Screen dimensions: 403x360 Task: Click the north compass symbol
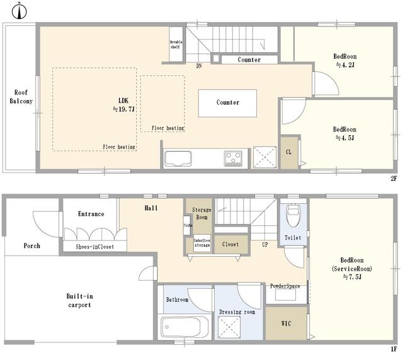point(20,11)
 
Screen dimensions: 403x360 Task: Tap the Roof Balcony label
point(21,97)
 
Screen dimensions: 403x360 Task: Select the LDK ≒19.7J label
point(123,105)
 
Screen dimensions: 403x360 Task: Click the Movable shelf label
point(176,45)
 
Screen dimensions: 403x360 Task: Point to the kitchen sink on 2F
point(178,159)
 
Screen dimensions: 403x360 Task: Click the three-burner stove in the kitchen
point(233,158)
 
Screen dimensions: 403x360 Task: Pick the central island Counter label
point(228,102)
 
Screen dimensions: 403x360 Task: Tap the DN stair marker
point(199,66)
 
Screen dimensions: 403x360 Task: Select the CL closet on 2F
point(289,153)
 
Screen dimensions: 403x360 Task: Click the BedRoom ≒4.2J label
point(345,60)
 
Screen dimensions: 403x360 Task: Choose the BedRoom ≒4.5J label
point(344,133)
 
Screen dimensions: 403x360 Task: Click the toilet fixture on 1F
point(293,215)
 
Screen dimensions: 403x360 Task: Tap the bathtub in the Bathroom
point(184,327)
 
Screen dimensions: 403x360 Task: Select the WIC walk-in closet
point(287,323)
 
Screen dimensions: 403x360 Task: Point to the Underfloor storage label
point(202,243)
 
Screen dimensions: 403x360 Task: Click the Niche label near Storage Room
point(188,225)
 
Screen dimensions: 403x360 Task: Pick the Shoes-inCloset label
point(95,247)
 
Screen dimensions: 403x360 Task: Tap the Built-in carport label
point(80,300)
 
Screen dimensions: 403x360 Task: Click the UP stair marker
point(265,244)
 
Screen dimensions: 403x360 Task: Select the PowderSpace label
point(285,286)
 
